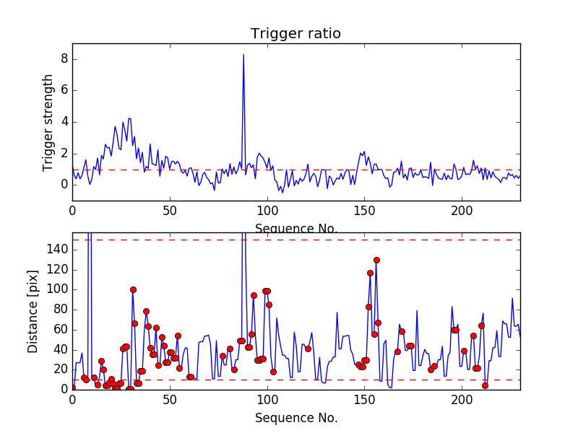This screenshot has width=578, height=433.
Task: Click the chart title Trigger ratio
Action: pyautogui.click(x=296, y=34)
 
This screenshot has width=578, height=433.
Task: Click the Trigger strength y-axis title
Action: pyautogui.click(x=48, y=122)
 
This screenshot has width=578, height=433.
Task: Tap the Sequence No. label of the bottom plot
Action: pyautogui.click(x=296, y=418)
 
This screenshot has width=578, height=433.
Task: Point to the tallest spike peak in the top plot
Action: pyautogui.click(x=243, y=55)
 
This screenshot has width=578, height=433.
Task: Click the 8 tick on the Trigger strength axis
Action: pyautogui.click(x=64, y=58)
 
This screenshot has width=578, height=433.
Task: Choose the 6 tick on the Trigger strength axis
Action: pyautogui.click(x=64, y=90)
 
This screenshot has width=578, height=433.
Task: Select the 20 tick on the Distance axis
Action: pyautogui.click(x=61, y=369)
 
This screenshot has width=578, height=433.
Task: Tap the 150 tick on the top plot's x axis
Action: pyautogui.click(x=365, y=212)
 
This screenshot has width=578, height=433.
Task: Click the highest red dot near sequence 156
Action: pyautogui.click(x=376, y=260)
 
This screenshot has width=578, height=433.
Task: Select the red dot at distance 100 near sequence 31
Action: pyautogui.click(x=133, y=289)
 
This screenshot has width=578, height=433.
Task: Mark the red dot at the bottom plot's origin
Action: pyautogui.click(x=72, y=388)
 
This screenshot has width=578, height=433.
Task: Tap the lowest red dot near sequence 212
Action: pyautogui.click(x=485, y=385)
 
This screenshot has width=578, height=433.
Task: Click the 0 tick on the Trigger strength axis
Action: pyautogui.click(x=64, y=185)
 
